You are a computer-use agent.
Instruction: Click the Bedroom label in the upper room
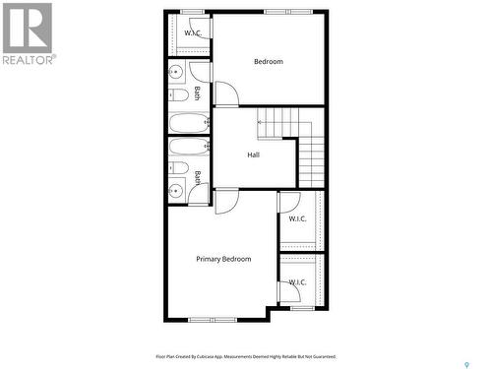pos(268,62)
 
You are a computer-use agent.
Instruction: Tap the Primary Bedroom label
pos(223,259)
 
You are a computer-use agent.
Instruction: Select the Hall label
pos(253,155)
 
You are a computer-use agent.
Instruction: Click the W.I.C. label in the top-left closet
pos(193,33)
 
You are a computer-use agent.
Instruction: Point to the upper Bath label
pos(197,94)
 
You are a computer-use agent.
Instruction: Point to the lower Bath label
pos(197,177)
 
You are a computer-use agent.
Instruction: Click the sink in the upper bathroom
pos(176,72)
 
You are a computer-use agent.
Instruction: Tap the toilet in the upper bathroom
pos(178,95)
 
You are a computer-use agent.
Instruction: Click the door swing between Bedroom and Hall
pos(226,94)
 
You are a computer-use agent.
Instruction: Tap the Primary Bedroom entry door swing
pos(226,201)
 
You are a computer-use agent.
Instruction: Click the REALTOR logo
pos(27,33)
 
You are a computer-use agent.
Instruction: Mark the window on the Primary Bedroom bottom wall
pos(207,320)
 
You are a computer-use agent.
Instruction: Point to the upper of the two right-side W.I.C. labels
pos(297,218)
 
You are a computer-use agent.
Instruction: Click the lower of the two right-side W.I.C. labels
pos(297,282)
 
